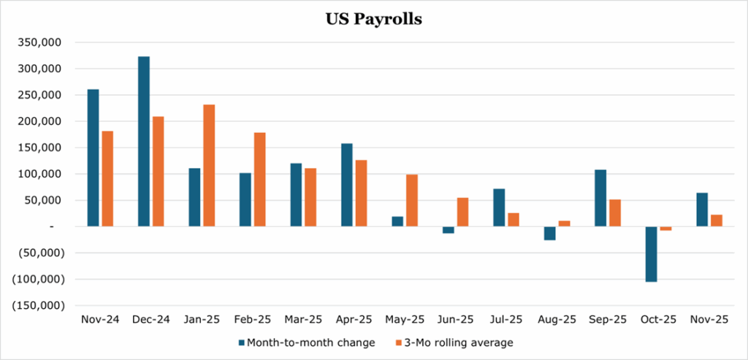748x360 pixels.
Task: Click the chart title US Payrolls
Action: [373, 20]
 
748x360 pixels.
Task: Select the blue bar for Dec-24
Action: [144, 142]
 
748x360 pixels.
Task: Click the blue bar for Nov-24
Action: [93, 158]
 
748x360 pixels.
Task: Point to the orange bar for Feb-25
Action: [259, 180]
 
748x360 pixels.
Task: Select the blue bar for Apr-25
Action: [347, 185]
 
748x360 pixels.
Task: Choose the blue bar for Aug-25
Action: [550, 233]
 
